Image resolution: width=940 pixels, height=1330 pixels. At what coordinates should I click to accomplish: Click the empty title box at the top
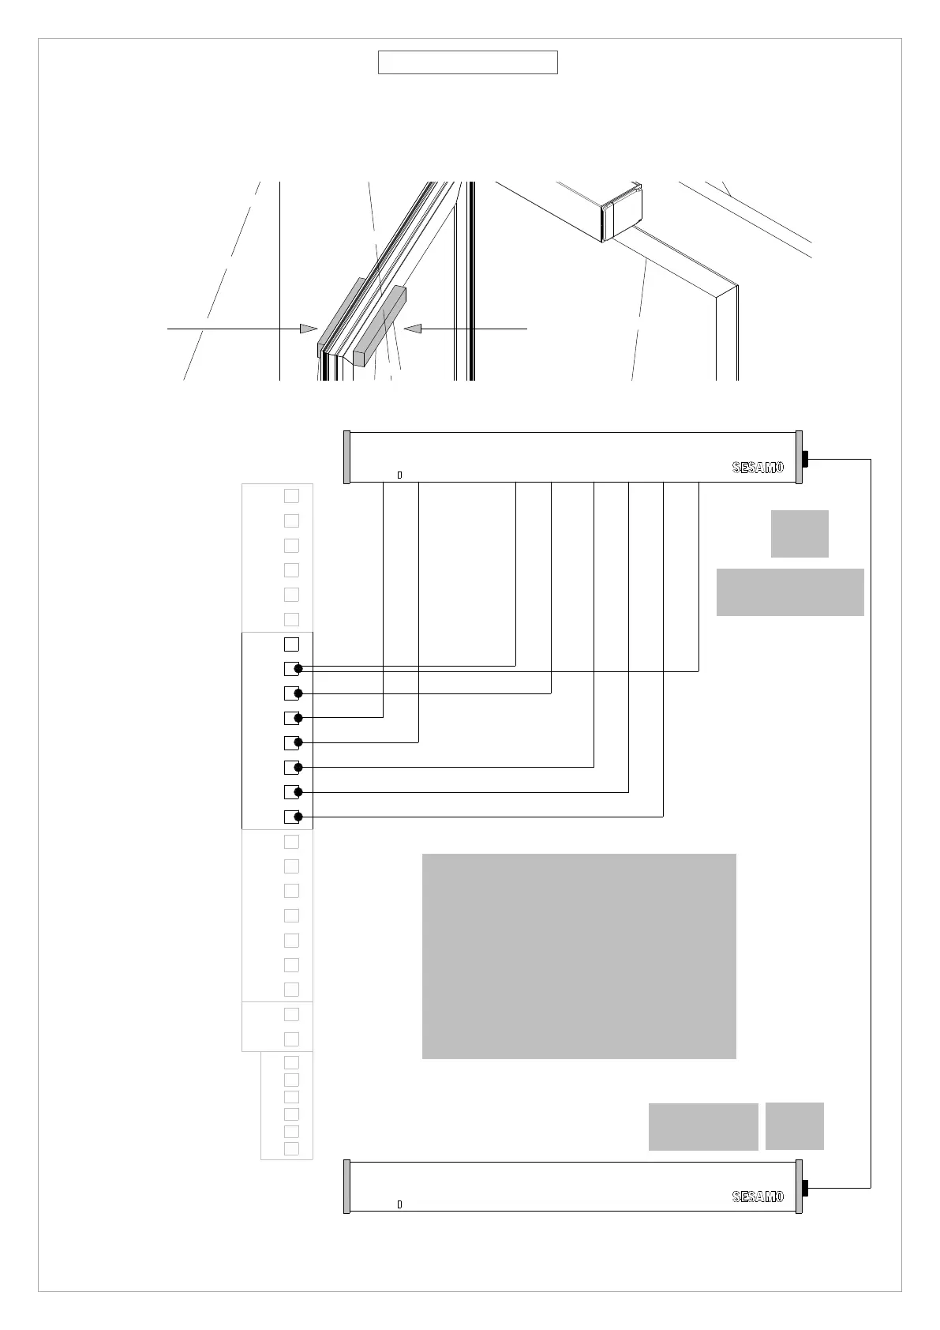(467, 62)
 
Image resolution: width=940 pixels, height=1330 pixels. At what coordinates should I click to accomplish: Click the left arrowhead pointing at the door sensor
(309, 328)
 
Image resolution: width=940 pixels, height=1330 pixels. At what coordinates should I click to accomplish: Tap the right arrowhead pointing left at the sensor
(413, 328)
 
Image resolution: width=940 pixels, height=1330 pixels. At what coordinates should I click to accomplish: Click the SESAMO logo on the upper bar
(758, 468)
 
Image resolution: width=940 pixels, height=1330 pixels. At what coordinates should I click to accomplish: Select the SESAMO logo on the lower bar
(758, 1197)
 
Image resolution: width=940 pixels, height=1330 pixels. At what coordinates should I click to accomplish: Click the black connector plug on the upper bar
(806, 459)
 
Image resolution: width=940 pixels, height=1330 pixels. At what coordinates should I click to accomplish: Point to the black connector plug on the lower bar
(806, 1188)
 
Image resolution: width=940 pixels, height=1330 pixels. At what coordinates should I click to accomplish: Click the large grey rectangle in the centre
(579, 956)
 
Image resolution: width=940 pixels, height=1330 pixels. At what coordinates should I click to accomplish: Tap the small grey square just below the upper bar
(800, 534)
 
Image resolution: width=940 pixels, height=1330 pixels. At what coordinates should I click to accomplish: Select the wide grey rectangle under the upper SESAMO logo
(790, 592)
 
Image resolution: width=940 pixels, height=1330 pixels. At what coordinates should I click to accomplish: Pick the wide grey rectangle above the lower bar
(703, 1126)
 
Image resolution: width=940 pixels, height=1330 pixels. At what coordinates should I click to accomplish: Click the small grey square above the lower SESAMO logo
(794, 1126)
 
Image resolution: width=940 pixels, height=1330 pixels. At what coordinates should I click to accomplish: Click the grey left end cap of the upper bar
(346, 457)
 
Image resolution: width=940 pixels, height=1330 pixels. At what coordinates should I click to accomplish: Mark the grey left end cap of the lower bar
(346, 1186)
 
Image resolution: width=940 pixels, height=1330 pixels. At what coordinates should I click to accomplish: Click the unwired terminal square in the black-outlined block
(291, 644)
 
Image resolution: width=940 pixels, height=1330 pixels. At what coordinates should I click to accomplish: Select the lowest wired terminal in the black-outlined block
(292, 817)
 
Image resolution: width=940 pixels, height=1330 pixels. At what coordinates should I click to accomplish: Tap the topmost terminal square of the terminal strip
(291, 496)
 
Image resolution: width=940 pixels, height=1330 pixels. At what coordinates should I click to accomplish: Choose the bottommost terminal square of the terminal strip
(291, 1148)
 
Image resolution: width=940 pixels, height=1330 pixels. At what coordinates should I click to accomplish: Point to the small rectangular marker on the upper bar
(399, 475)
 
